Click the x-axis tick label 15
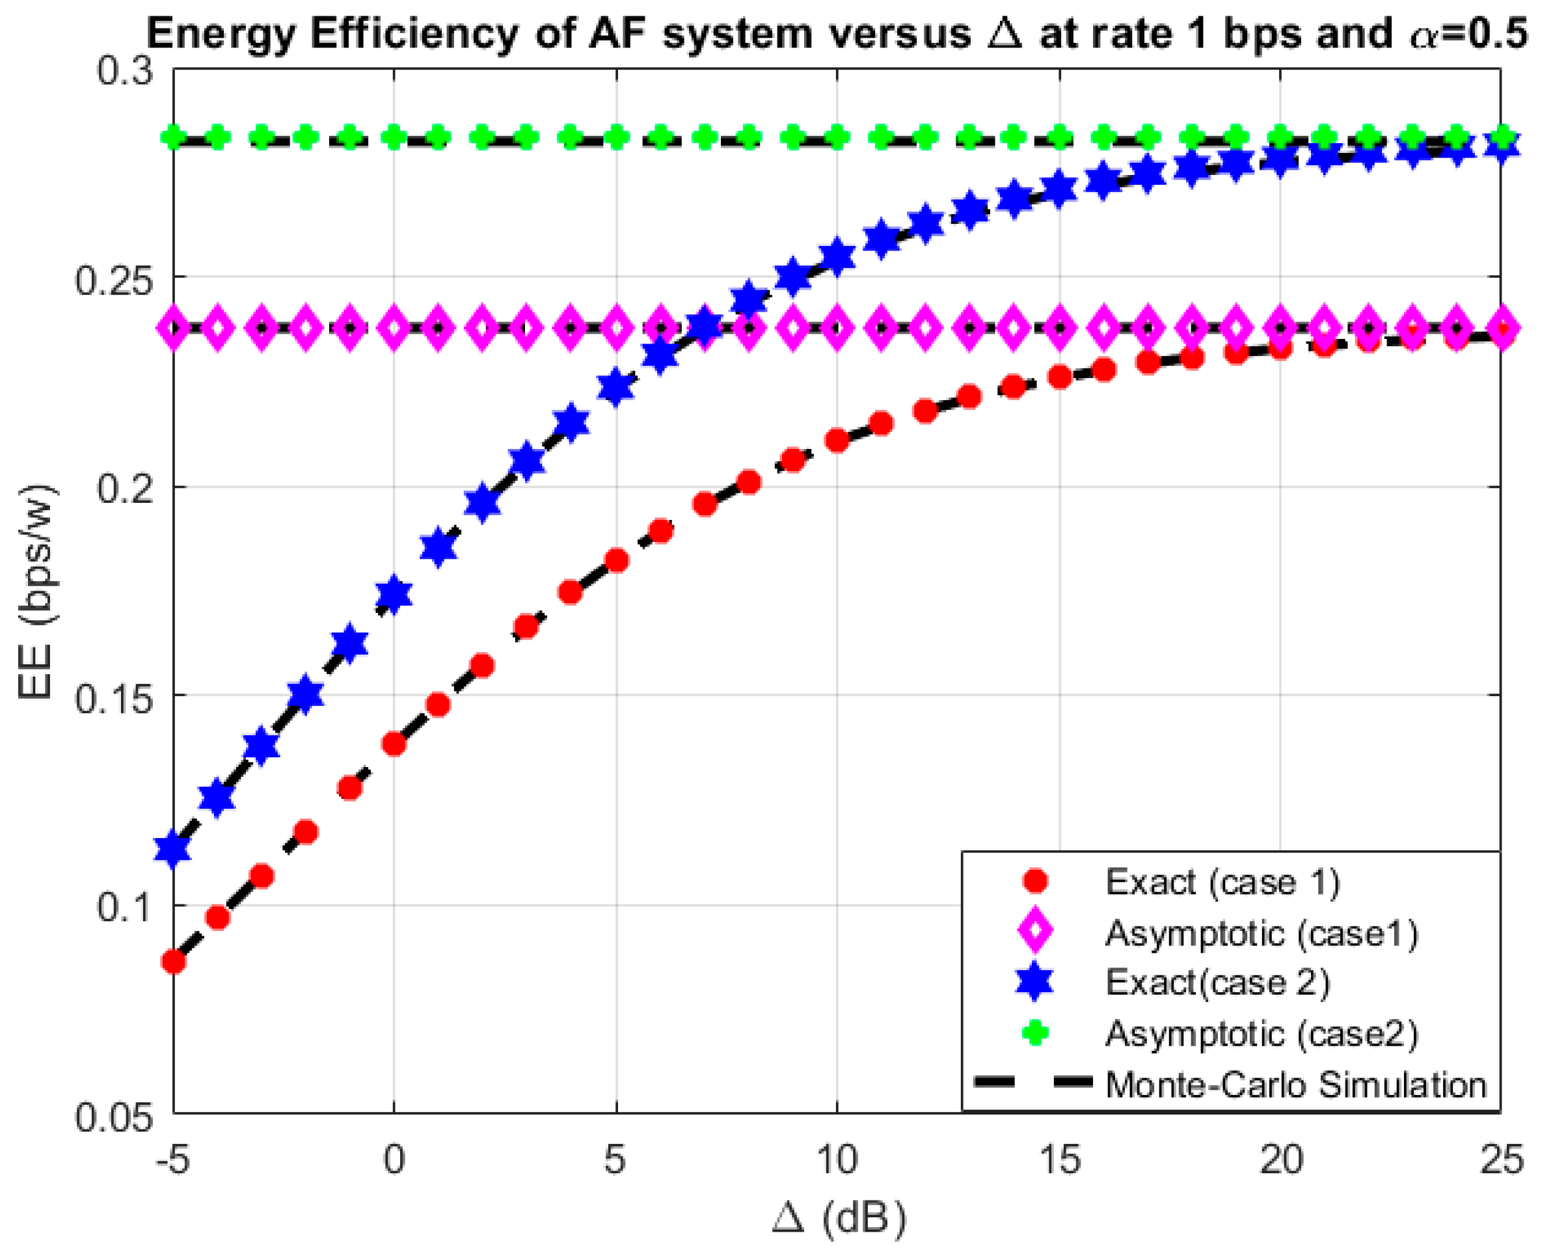coord(1059,1159)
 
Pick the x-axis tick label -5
coord(172,1159)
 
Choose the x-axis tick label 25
coord(1500,1159)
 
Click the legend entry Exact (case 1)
coord(1222,882)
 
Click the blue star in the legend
coord(1034,982)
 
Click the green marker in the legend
coord(1034,1033)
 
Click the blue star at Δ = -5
coord(173,849)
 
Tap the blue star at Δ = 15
coord(1060,190)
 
